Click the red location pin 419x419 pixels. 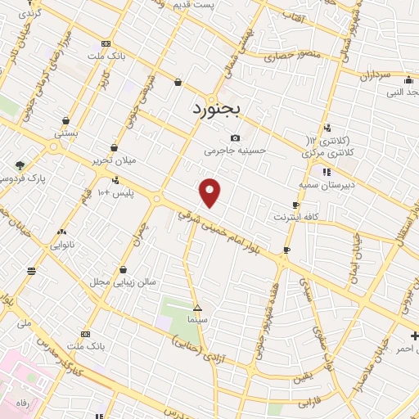(x=210, y=192)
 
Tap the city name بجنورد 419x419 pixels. (x=219, y=109)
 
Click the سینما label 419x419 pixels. (x=197, y=320)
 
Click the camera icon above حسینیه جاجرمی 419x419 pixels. (x=236, y=137)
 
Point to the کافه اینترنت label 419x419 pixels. (x=295, y=218)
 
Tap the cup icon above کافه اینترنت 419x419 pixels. (x=295, y=205)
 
